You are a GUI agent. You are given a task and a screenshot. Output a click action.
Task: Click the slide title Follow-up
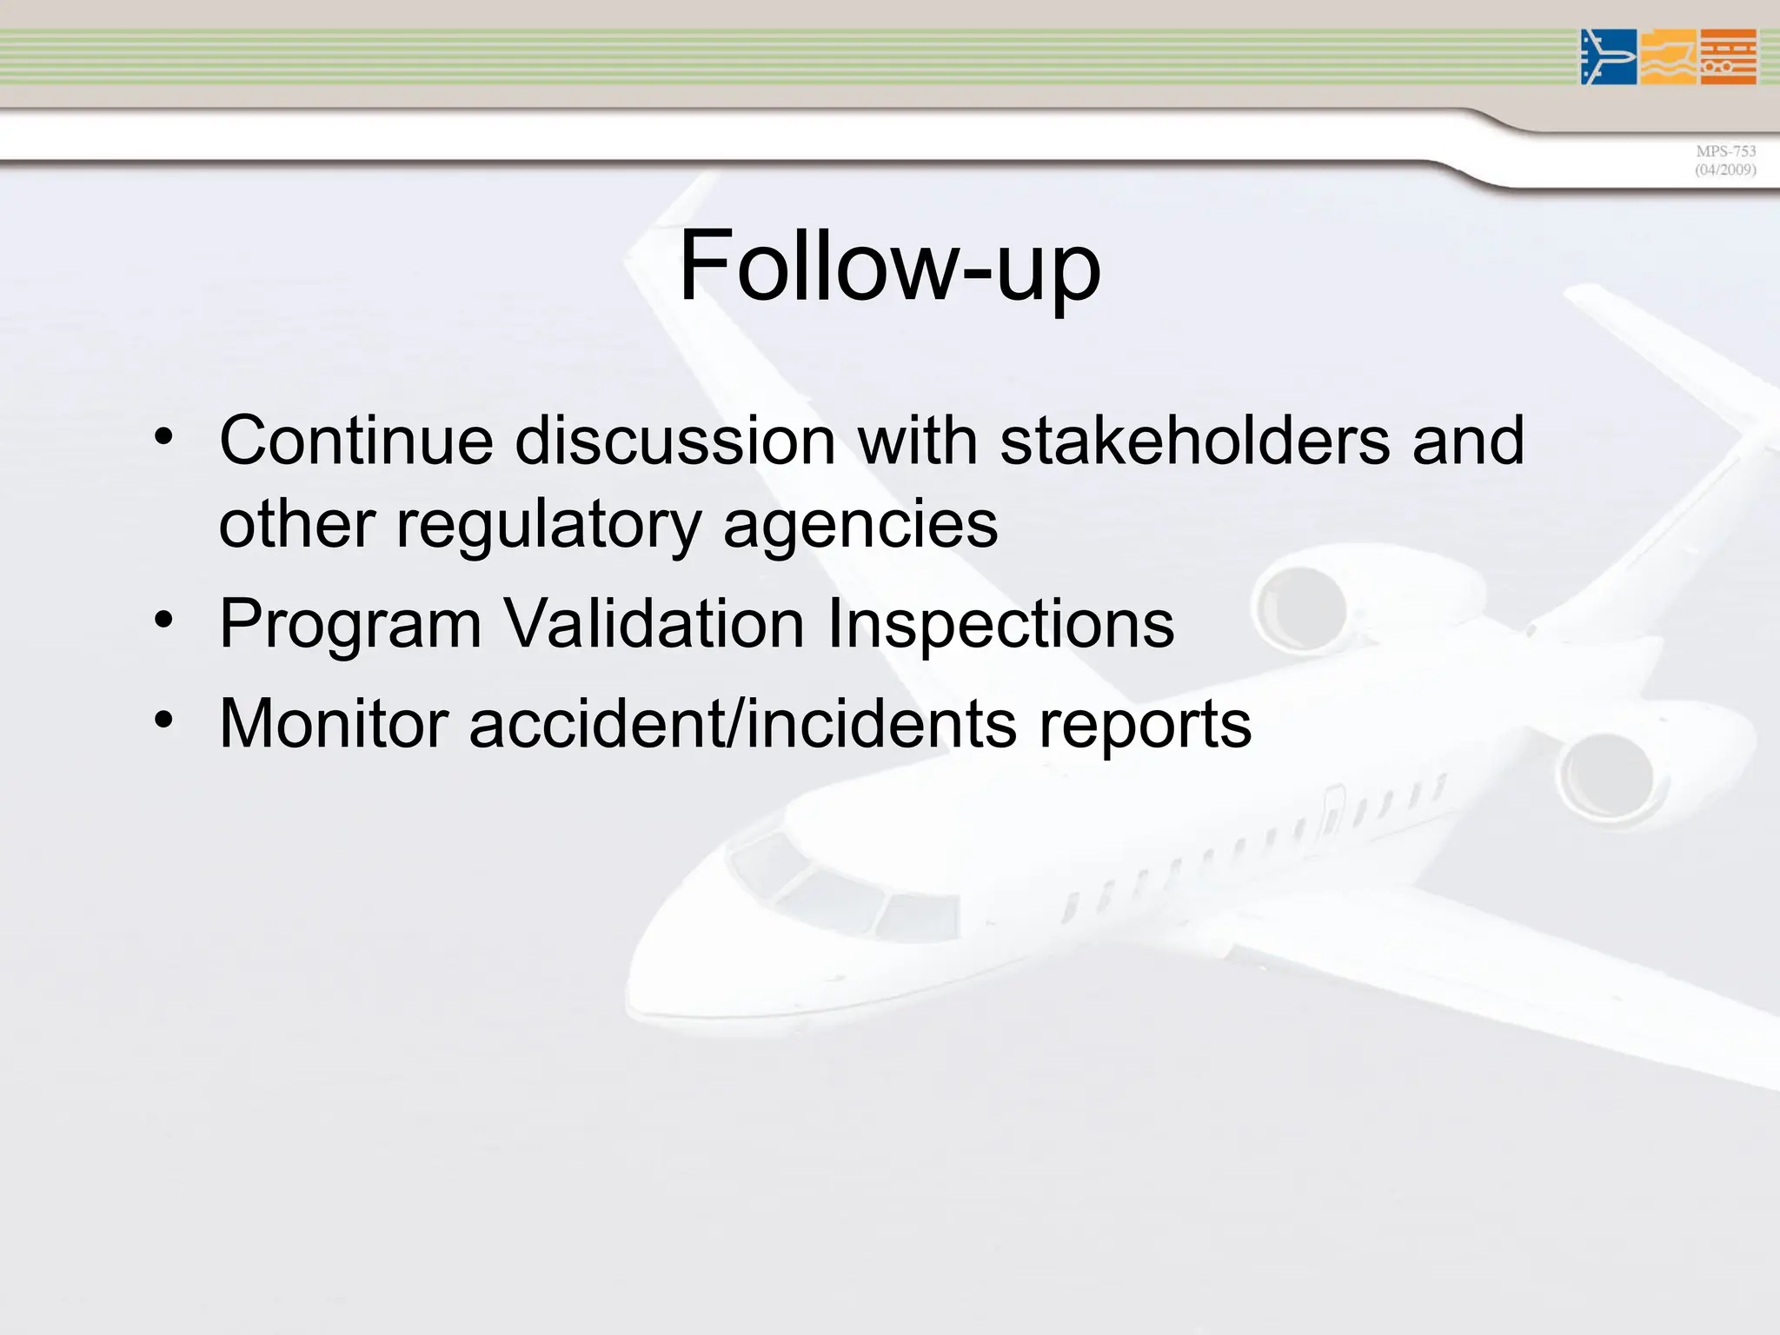889,266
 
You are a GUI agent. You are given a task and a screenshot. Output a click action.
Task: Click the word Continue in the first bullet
356,441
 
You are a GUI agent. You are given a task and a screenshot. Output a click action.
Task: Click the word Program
350,624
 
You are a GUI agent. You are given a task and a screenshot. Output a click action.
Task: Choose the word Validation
655,624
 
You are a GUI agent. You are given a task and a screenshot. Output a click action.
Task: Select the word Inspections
1000,624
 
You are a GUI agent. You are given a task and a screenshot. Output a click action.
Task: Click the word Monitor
334,723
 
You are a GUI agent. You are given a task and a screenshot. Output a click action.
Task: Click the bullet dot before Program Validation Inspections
163,621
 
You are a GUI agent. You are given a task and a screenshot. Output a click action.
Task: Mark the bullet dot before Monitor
163,720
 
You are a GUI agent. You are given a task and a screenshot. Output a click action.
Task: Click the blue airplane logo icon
1608,57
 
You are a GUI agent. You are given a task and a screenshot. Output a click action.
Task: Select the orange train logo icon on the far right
1728,57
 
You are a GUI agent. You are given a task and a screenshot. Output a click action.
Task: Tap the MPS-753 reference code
1725,151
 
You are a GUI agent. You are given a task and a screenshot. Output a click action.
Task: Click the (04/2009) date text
1725,170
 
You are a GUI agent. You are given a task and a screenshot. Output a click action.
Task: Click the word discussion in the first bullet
675,441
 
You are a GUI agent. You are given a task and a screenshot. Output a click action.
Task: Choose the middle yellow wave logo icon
1668,57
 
